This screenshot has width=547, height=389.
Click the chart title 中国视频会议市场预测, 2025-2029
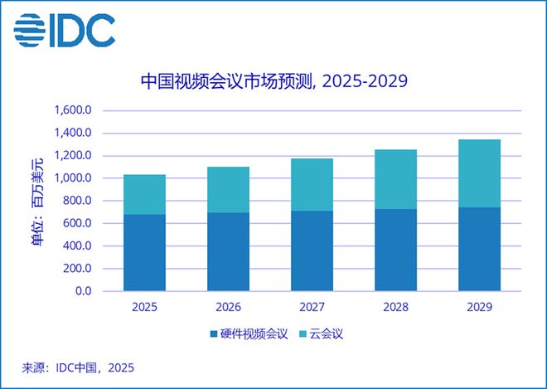(273, 81)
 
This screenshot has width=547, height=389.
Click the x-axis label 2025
(144, 307)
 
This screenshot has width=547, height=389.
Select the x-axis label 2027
(312, 307)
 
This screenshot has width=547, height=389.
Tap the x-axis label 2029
(479, 307)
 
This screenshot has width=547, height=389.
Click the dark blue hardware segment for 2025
(144, 253)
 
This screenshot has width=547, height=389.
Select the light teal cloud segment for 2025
(144, 194)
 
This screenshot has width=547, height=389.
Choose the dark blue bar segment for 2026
(228, 252)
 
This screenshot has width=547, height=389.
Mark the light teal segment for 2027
(312, 184)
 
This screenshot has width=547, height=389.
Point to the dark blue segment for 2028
(395, 250)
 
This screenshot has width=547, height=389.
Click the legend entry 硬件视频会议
(248, 334)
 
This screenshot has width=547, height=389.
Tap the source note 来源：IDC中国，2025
(78, 367)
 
